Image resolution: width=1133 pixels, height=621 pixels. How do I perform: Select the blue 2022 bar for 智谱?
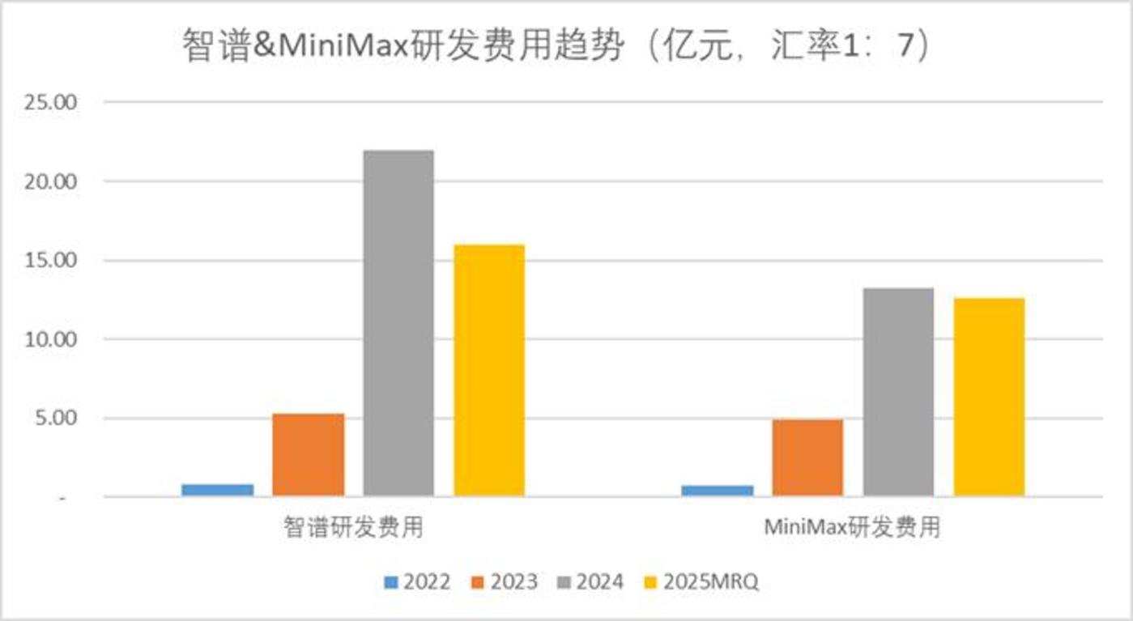(217, 490)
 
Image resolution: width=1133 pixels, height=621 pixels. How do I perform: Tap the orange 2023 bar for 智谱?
(308, 454)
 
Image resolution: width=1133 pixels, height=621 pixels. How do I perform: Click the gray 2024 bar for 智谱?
(398, 323)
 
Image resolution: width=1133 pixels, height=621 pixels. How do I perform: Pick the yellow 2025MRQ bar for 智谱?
(489, 370)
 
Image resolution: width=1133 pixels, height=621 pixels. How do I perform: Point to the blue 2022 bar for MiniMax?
(717, 491)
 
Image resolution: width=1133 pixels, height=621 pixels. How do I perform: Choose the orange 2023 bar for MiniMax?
(807, 457)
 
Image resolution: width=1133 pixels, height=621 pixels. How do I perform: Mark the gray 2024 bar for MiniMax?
(898, 392)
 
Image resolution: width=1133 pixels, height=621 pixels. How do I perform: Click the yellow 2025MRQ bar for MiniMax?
(989, 397)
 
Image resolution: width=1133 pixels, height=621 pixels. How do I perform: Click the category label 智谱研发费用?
(353, 528)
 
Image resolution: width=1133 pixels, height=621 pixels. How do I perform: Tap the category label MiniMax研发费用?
(853, 528)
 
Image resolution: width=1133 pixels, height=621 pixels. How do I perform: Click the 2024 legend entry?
(591, 582)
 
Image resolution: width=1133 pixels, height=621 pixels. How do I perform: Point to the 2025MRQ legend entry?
(701, 582)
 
